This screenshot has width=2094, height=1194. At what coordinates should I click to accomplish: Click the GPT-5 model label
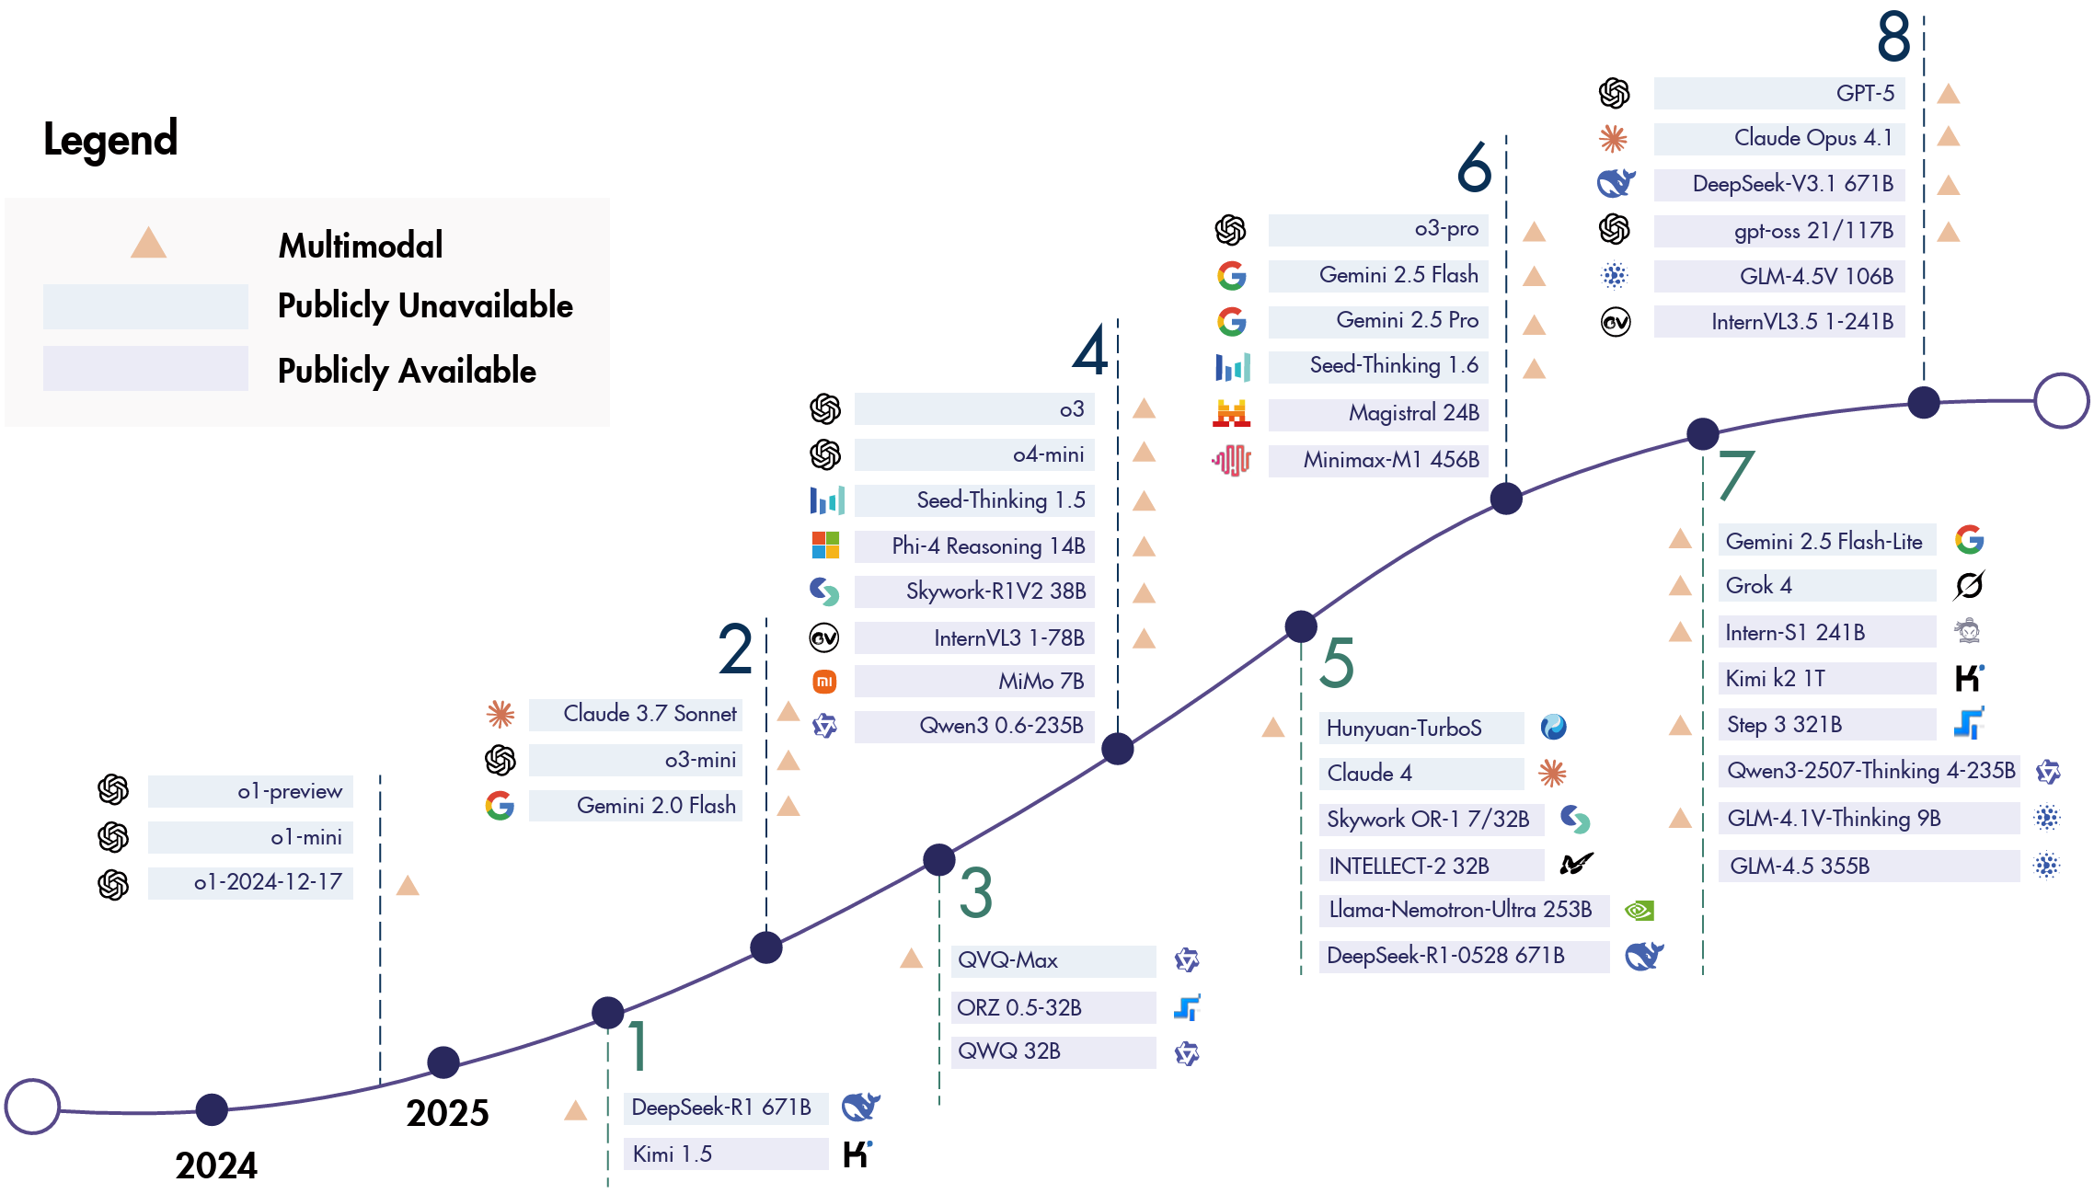(x=1865, y=94)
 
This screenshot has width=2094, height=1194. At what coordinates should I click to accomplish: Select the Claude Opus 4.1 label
(x=1812, y=138)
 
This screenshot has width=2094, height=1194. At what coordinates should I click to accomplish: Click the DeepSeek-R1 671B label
(x=721, y=1108)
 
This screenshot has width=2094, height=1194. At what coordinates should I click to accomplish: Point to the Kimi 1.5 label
(x=673, y=1154)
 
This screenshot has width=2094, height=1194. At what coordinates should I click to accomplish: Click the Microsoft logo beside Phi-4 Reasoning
(x=825, y=545)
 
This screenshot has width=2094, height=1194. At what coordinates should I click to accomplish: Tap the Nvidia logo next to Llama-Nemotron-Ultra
(x=1640, y=911)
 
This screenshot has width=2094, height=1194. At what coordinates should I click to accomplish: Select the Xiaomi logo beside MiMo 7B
(x=824, y=682)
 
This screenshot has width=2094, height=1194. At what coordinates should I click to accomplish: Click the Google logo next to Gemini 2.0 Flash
(x=500, y=806)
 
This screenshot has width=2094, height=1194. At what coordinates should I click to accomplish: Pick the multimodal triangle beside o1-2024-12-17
(x=408, y=886)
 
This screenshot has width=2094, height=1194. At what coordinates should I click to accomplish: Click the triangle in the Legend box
(x=148, y=243)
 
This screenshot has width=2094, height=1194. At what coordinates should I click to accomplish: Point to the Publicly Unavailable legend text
(x=425, y=305)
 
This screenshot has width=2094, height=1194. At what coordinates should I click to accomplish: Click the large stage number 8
(x=1893, y=37)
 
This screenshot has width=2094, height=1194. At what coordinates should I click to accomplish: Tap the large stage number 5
(x=1337, y=663)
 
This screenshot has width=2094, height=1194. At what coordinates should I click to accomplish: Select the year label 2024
(x=216, y=1165)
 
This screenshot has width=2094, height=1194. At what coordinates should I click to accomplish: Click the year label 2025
(x=447, y=1113)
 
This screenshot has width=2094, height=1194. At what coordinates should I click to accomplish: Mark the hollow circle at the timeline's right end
(x=2061, y=400)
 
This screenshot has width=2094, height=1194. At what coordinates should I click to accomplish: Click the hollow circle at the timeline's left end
(x=32, y=1107)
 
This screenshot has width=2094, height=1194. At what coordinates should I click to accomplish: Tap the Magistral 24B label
(x=1413, y=413)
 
